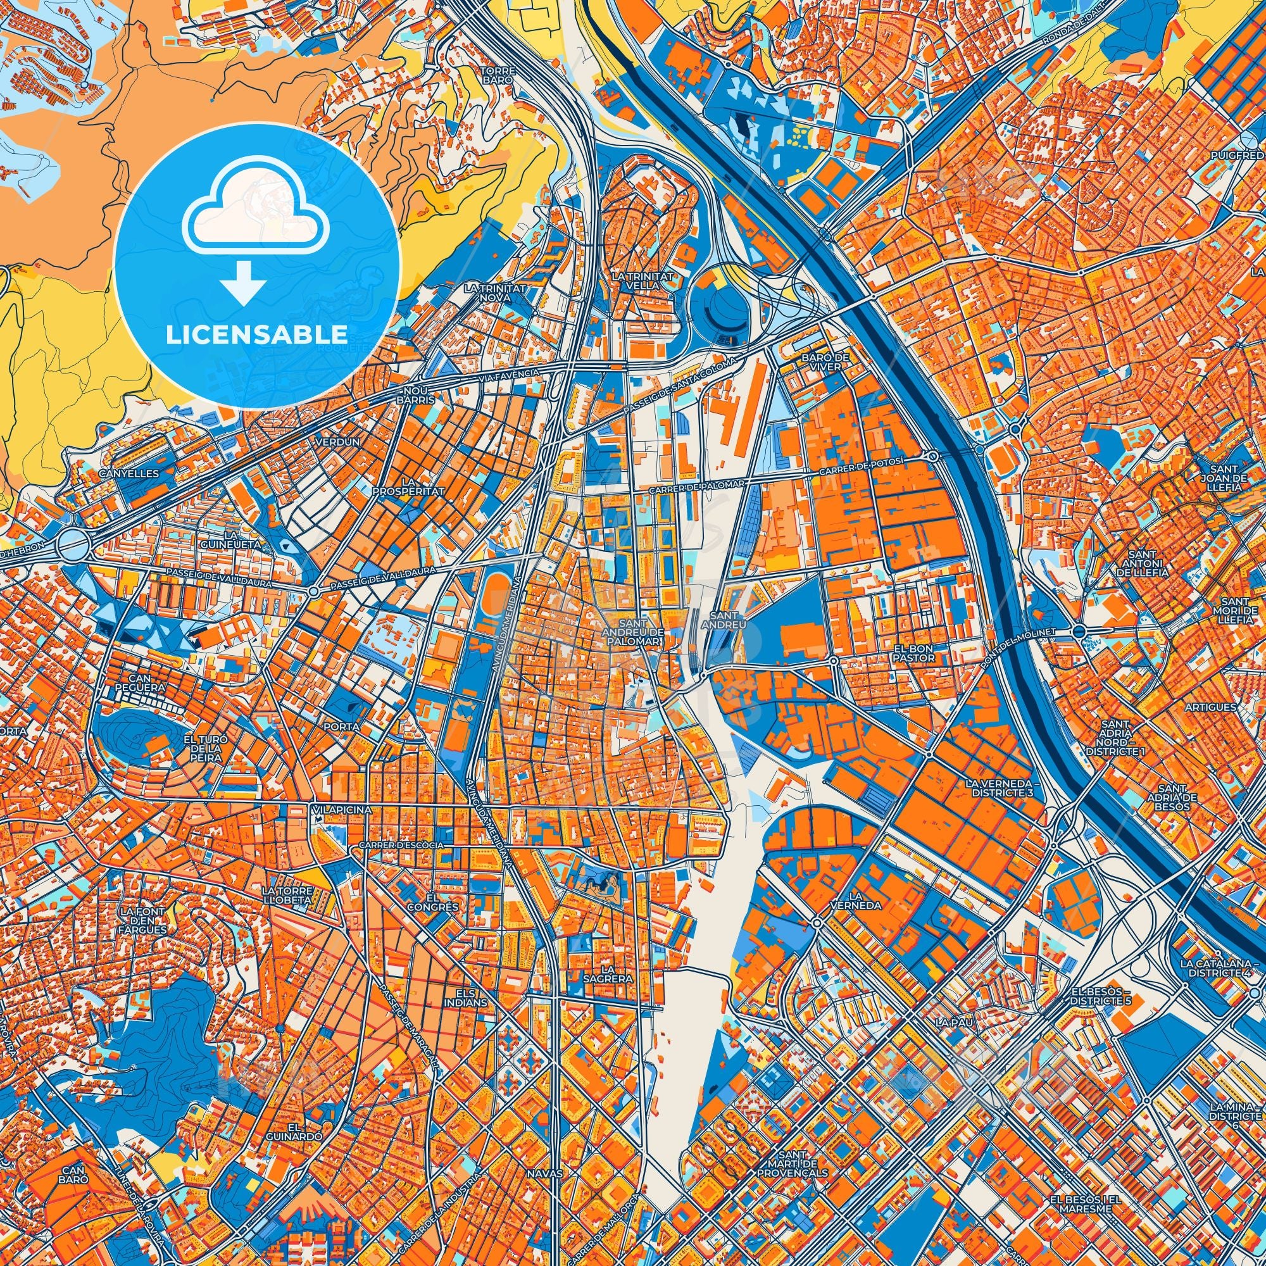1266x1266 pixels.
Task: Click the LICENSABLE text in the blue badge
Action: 257,335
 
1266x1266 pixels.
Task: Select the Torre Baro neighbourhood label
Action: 498,75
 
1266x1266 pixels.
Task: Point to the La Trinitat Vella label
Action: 641,281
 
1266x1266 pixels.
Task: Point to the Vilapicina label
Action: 342,810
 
